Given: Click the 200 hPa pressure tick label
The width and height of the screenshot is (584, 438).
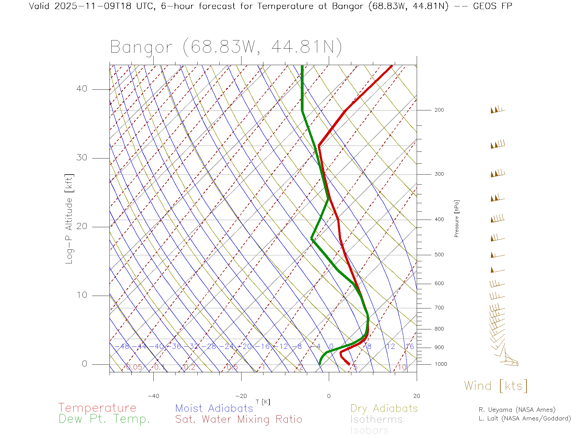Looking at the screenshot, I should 439,110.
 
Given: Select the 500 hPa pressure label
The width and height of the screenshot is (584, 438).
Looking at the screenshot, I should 439,255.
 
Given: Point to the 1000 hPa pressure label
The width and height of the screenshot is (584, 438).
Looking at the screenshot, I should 441,364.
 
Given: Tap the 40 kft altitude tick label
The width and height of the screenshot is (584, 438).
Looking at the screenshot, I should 82,89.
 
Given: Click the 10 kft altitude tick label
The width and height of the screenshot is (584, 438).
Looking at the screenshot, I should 82,295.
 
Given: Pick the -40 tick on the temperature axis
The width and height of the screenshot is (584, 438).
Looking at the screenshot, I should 153,396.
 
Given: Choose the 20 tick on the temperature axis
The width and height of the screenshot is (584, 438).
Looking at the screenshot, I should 416,396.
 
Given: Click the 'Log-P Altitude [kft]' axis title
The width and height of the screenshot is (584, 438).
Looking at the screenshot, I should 69,219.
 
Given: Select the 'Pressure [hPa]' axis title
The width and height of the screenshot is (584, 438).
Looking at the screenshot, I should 457,218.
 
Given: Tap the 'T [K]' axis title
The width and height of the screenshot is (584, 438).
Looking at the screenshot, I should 263,402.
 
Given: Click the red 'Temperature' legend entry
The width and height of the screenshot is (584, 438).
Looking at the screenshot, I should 97,408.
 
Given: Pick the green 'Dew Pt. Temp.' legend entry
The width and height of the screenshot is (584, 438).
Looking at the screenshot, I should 104,419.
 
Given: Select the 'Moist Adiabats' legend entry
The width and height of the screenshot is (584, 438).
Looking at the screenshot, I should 214,408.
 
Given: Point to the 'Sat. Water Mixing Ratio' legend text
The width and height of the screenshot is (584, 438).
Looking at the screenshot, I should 238,419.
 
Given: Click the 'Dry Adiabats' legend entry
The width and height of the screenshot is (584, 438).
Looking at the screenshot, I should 384,408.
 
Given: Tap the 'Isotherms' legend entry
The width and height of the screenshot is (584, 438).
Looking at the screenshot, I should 376,419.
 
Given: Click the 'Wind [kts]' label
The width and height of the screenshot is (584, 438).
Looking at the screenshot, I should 495,386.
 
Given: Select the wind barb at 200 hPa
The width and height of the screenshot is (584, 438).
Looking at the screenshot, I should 497,110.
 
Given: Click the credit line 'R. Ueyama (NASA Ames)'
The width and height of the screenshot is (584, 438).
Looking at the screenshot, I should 517,410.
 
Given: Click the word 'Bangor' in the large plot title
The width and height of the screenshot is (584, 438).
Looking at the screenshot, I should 141,47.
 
